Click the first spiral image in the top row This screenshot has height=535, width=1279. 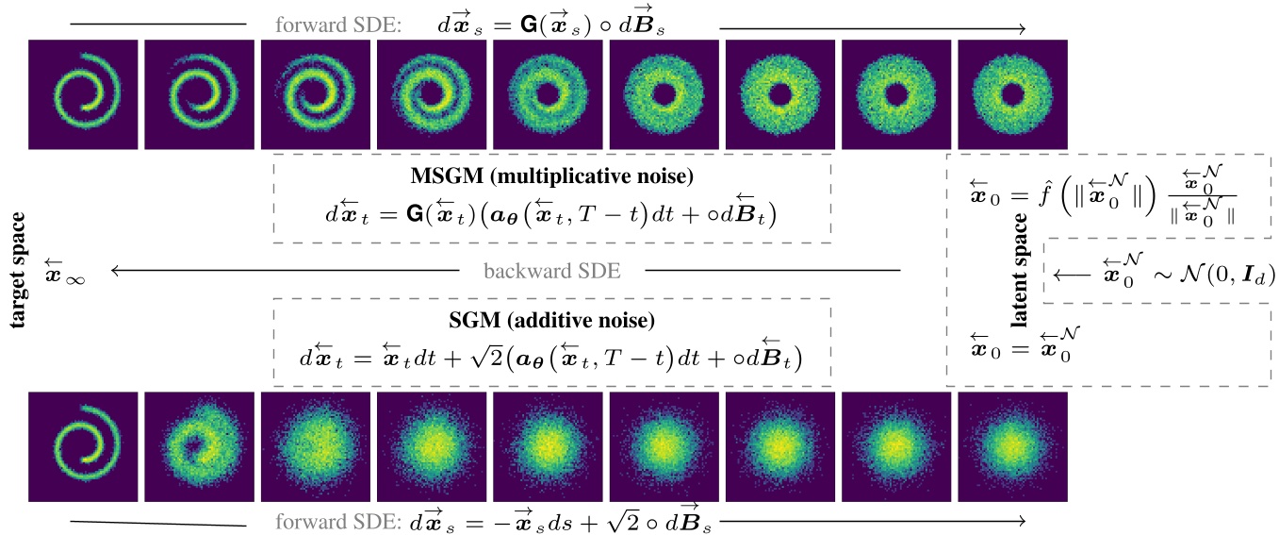[83, 94]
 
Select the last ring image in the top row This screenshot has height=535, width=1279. [1012, 94]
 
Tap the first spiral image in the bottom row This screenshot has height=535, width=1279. [83, 446]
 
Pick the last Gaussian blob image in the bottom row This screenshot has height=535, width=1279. [1012, 446]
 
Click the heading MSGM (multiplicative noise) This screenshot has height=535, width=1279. [551, 176]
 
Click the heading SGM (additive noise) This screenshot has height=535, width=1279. [551, 321]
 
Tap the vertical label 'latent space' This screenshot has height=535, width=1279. [1020, 271]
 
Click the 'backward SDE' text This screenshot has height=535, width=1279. [551, 272]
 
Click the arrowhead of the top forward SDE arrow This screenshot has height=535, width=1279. [1021, 29]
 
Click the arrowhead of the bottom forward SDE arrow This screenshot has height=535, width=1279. [1021, 521]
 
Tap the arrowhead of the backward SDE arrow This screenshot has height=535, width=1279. [115, 272]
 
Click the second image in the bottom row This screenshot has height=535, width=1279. [199, 446]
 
